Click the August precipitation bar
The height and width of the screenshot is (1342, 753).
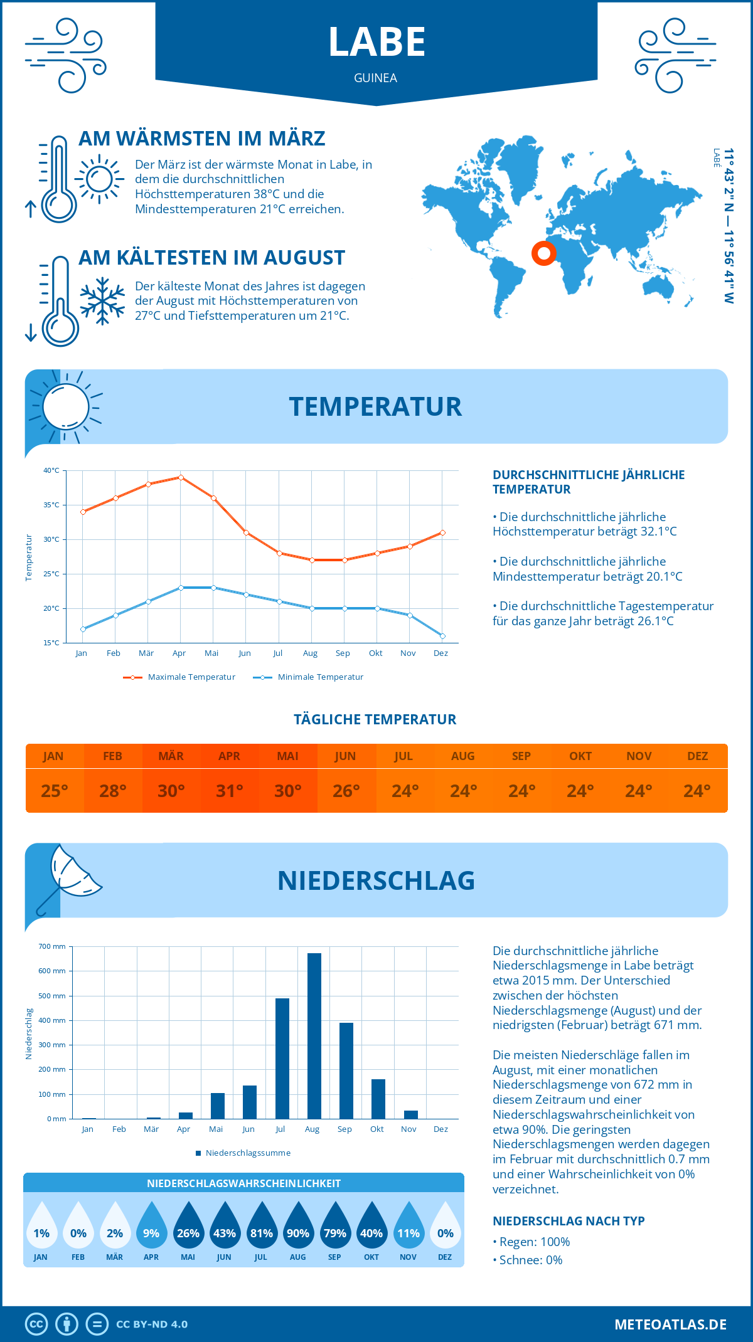click(314, 1036)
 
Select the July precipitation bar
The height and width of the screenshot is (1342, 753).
click(282, 1059)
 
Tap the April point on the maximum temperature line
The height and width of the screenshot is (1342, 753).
click(181, 477)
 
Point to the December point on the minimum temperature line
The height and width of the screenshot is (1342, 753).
click(442, 636)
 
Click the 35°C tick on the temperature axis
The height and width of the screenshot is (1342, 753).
click(51, 505)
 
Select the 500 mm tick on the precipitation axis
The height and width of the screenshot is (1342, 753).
click(52, 996)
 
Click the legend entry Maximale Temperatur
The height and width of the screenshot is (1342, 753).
click(179, 677)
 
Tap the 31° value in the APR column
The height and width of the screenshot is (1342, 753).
click(229, 791)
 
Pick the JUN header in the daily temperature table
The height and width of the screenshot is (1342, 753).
click(346, 756)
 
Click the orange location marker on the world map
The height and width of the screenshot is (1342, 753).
click(543, 253)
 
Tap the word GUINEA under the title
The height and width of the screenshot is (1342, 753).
click(375, 78)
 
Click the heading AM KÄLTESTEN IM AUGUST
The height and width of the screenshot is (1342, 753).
click(211, 258)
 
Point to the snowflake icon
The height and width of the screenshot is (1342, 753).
click(102, 301)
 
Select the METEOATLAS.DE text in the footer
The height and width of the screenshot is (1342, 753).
click(670, 1324)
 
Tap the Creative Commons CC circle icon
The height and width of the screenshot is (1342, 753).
click(36, 1324)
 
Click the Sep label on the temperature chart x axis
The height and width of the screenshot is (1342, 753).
click(343, 653)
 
